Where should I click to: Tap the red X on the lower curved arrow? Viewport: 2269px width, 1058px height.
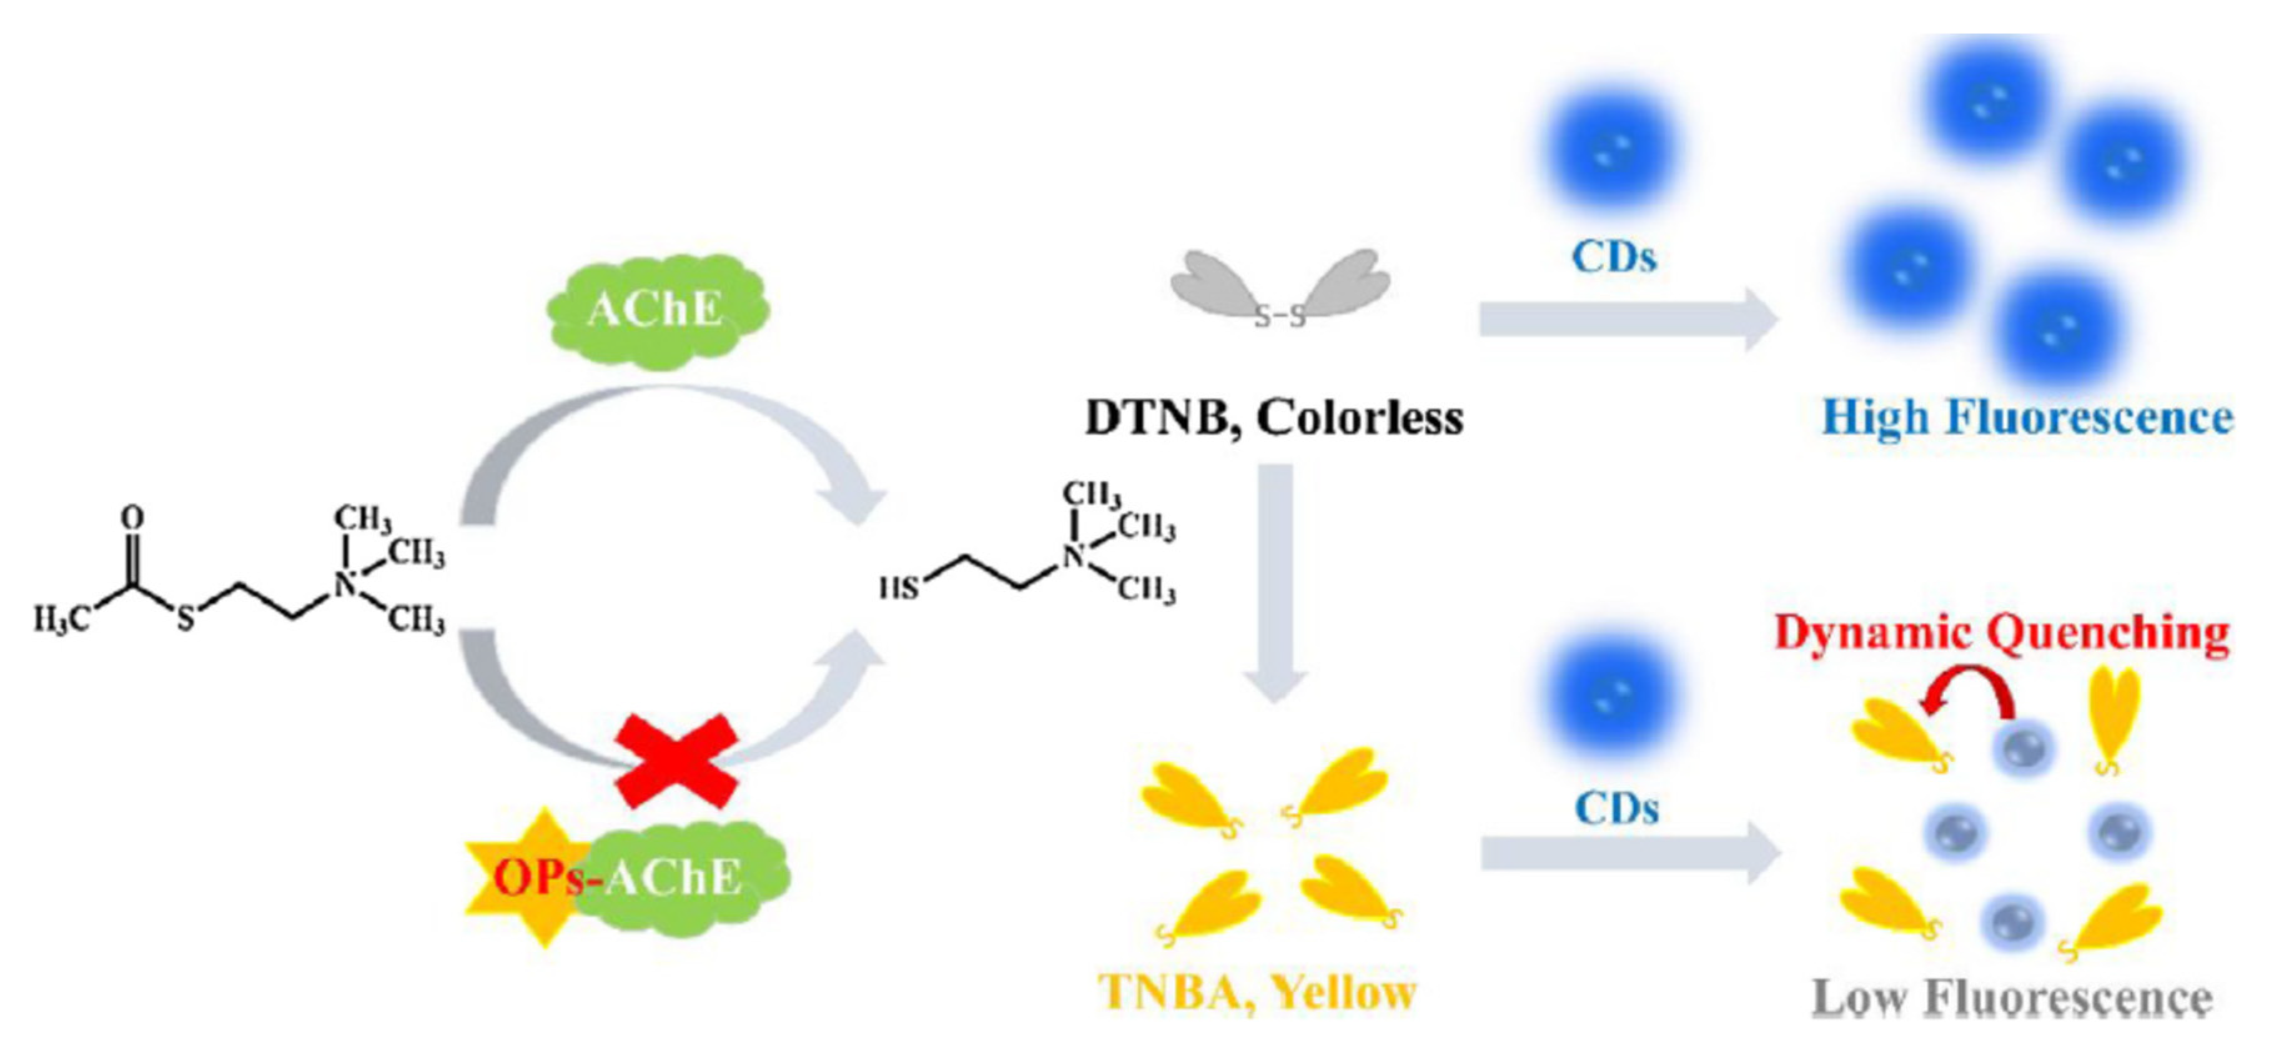[676, 760]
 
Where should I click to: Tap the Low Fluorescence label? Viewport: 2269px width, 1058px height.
[2012, 998]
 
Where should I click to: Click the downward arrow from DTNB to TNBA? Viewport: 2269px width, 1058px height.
[1275, 581]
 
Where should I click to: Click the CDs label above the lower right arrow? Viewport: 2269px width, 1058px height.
[1616, 808]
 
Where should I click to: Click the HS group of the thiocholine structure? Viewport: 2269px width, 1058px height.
[899, 588]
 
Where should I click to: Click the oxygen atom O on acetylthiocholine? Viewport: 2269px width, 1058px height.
[132, 517]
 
